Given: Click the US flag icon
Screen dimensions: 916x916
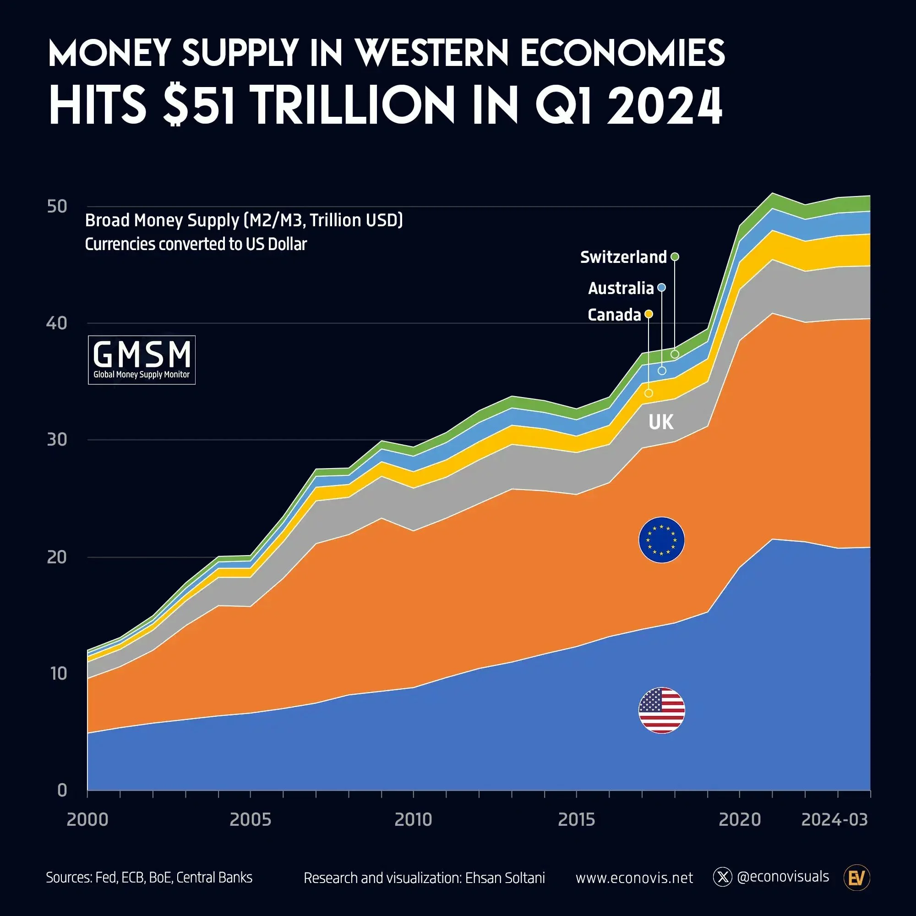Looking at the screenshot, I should coord(661,710).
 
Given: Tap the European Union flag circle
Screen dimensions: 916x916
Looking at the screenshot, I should coord(661,540).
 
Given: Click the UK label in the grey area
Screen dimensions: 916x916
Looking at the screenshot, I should coord(660,421).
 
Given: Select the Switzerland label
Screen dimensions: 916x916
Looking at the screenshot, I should coord(623,257).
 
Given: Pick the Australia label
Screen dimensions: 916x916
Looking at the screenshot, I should coord(621,288).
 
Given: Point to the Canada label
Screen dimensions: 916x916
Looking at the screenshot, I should coord(614,315).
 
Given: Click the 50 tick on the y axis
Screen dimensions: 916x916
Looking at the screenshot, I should coord(57,207).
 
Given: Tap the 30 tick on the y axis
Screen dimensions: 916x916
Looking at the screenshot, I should coord(57,440).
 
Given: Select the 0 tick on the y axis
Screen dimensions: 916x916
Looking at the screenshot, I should coord(62,790).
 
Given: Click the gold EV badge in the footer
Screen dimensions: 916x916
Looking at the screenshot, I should coord(857,878).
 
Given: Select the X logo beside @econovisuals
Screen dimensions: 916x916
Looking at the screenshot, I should coord(722,878).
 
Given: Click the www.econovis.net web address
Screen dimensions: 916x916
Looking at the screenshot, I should coord(634,878).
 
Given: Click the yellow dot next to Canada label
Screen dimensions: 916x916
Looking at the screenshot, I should coord(649,314).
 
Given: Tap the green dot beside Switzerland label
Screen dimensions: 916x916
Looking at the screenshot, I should coord(675,256).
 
